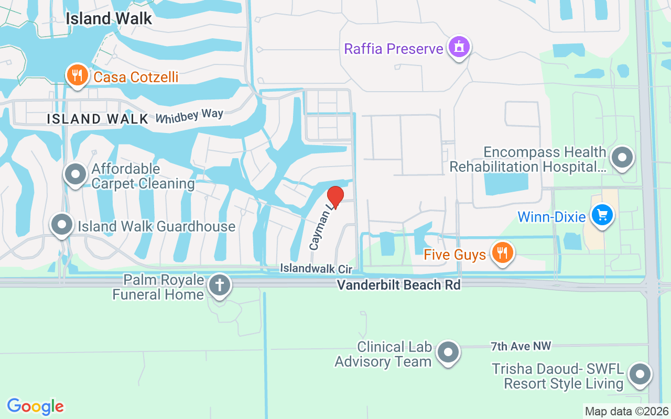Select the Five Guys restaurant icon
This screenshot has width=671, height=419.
tap(502, 253)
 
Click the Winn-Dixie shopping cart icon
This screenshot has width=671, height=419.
tap(602, 215)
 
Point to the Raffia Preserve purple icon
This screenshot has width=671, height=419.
tap(460, 48)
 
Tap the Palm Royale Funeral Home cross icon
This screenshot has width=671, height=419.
tap(220, 286)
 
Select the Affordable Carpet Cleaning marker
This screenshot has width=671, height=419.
tap(75, 174)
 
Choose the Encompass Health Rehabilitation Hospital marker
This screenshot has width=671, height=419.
tap(622, 157)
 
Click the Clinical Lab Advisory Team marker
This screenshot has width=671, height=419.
tap(448, 352)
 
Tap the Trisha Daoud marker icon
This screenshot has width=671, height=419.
tap(640, 374)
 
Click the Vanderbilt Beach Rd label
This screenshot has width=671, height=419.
tap(398, 285)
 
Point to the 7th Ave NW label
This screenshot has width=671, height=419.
tap(521, 346)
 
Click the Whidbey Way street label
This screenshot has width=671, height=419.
tap(189, 115)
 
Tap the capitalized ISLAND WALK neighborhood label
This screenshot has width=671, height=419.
tap(98, 119)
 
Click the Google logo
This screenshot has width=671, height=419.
tap(35, 406)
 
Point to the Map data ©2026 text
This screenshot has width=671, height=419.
tap(627, 411)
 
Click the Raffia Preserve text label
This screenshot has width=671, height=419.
tap(394, 49)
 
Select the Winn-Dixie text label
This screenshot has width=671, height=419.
tap(551, 216)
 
